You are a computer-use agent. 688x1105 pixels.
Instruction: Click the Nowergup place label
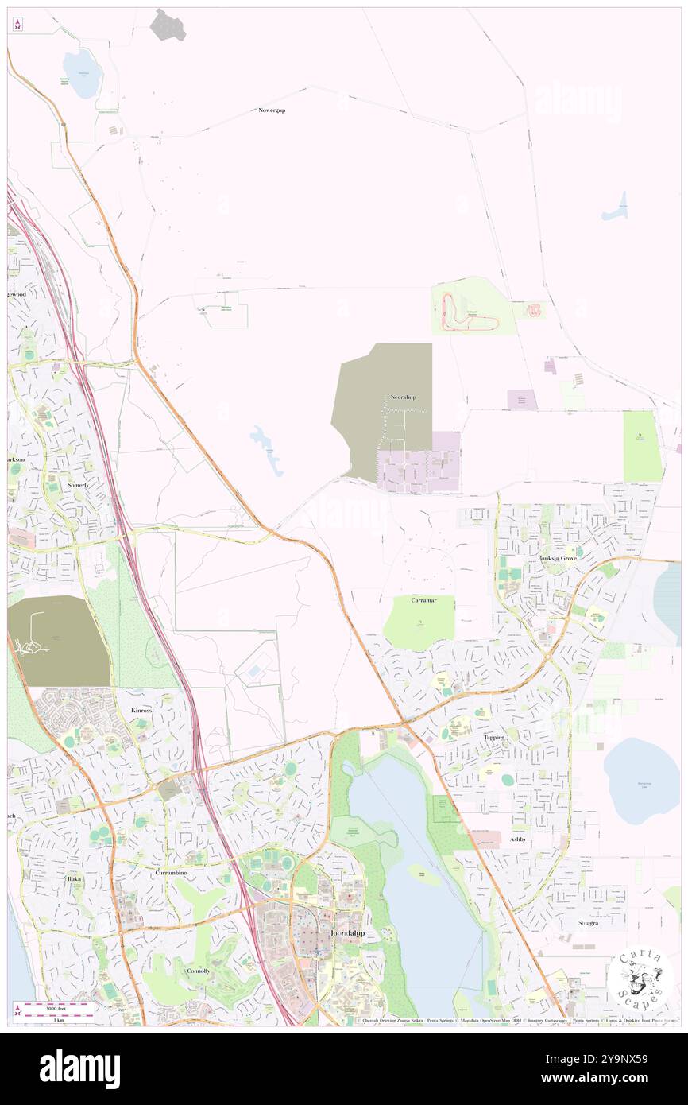272,110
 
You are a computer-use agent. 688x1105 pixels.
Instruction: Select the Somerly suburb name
78,484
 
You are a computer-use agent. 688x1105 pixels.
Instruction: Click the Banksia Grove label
557,558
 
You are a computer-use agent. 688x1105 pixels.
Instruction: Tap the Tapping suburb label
493,737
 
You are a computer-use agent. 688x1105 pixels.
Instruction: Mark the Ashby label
518,839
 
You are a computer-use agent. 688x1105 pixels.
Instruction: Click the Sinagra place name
588,923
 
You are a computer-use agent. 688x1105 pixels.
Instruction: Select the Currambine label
169,872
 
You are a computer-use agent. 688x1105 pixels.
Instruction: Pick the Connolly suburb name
198,971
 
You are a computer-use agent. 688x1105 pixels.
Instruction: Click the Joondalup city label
347,933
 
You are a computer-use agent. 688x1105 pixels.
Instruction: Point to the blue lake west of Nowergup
83,73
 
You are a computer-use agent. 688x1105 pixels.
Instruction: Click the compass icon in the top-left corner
17,24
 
